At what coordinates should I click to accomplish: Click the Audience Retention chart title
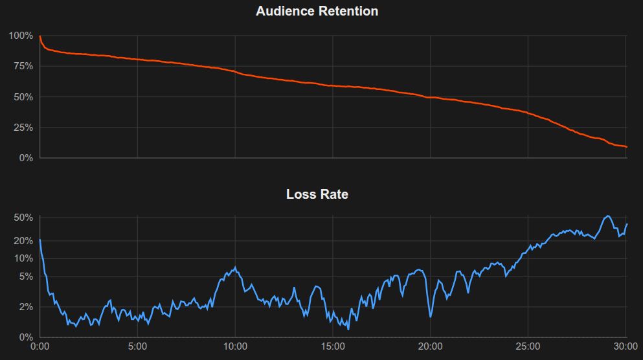tap(317, 11)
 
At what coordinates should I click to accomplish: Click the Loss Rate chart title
tap(317, 194)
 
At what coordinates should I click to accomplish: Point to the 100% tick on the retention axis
tap(21, 36)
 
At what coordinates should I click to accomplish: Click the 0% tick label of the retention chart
tap(25, 158)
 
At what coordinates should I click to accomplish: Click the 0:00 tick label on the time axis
tap(40, 346)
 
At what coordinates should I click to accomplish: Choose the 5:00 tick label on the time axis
tap(137, 346)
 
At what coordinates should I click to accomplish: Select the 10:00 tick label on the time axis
tap(235, 346)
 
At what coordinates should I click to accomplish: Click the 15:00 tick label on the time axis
tap(333, 346)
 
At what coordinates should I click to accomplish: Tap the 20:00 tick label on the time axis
tap(430, 346)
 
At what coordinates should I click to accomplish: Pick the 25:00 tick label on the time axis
tap(528, 346)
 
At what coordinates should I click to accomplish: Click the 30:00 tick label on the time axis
tap(625, 346)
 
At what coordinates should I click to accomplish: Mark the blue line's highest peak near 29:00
tap(607, 216)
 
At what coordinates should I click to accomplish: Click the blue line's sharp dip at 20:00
tap(431, 316)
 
